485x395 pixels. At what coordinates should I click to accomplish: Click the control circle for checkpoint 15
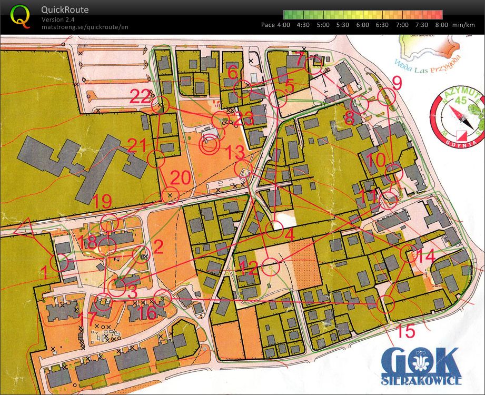tap(386, 304)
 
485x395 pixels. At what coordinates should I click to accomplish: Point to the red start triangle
tap(25, 230)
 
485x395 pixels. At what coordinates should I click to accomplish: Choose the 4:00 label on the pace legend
tap(283, 24)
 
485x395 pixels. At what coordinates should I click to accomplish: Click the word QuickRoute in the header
tap(65, 9)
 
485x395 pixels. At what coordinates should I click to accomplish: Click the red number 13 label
tap(233, 153)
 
